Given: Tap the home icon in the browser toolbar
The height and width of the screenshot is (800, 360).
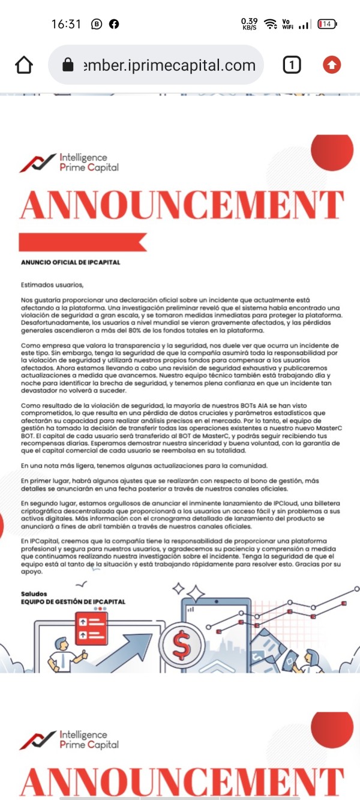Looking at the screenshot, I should tap(23, 65).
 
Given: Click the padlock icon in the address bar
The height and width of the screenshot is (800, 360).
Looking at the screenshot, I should tap(68, 65).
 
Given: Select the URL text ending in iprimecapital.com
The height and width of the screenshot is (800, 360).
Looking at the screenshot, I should tap(170, 65).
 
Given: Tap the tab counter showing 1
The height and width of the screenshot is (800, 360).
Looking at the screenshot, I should tap(292, 65).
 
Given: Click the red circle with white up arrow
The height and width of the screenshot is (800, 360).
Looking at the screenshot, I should tap(332, 65).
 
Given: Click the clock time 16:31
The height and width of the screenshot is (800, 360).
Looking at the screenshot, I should tap(66, 24).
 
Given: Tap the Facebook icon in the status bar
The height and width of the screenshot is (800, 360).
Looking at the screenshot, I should tap(113, 24).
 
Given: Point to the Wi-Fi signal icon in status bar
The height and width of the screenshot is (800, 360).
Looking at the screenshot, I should tap(271, 24).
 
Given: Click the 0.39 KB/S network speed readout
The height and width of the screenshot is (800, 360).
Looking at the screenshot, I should tap(250, 24).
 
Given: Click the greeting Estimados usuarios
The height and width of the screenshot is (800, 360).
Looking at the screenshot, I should tap(52, 284).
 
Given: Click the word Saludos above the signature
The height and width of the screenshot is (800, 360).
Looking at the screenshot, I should tap(34, 594).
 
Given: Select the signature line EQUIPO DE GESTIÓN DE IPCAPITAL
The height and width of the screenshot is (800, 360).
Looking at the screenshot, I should tap(73, 601).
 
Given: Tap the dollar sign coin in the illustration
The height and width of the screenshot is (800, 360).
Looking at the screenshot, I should tap(181, 643).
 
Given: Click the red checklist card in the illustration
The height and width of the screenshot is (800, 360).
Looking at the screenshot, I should tap(91, 627).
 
